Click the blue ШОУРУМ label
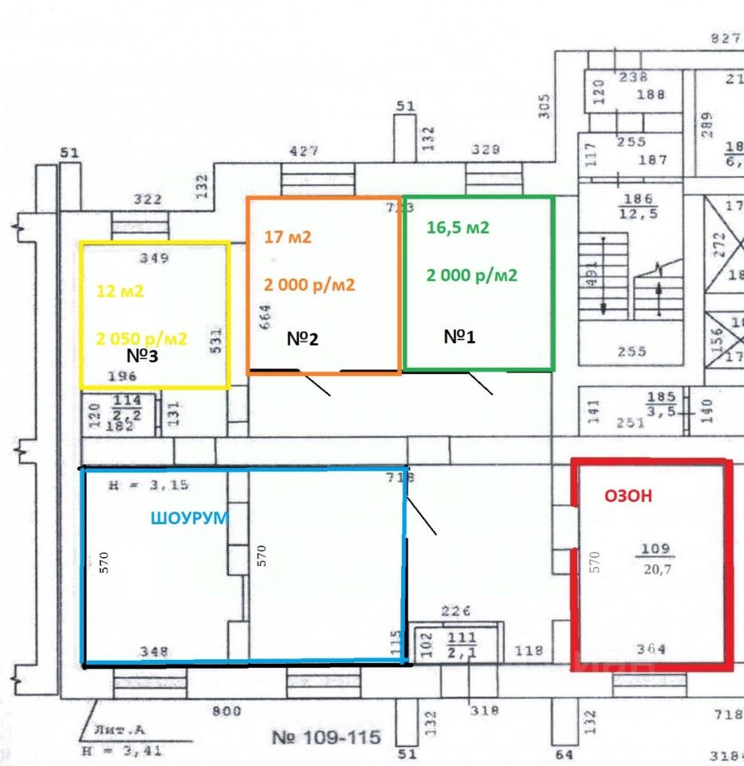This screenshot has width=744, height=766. click(190, 518)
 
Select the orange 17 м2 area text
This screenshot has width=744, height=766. click(288, 237)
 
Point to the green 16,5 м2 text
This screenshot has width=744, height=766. click(458, 227)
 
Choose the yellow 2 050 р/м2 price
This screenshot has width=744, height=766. click(142, 338)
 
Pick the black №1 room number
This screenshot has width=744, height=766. click(459, 337)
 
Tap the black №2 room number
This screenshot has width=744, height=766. click(303, 339)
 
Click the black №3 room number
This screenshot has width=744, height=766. click(143, 356)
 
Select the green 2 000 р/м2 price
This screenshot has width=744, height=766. click(472, 276)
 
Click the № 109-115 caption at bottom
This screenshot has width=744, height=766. click(326, 736)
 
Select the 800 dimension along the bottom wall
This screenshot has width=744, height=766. click(226, 709)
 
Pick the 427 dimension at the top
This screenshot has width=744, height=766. click(303, 151)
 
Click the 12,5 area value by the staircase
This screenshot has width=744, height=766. click(639, 214)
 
